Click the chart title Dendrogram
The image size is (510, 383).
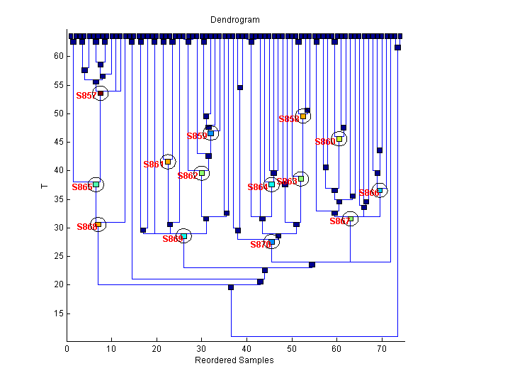pos(234,20)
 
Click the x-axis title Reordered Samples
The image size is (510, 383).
pos(234,360)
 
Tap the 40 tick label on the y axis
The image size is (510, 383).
pos(59,170)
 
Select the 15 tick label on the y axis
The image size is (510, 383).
pos(59,313)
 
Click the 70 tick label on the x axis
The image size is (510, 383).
pos(381,348)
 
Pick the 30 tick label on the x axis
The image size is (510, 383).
pos(202,348)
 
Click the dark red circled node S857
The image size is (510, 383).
pos(101,93)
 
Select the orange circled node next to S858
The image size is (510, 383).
pos(303,116)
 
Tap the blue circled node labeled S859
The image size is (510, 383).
pos(210,133)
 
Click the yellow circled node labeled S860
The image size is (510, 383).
pos(339,139)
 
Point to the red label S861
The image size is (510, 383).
pos(152,165)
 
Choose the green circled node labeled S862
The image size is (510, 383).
pos(202,173)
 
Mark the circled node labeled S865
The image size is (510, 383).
pos(300,179)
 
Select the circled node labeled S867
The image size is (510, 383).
pos(350,218)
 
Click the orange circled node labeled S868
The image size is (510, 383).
pos(98,224)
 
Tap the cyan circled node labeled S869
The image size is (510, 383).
pos(183,236)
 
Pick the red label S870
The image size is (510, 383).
pos(260,245)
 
